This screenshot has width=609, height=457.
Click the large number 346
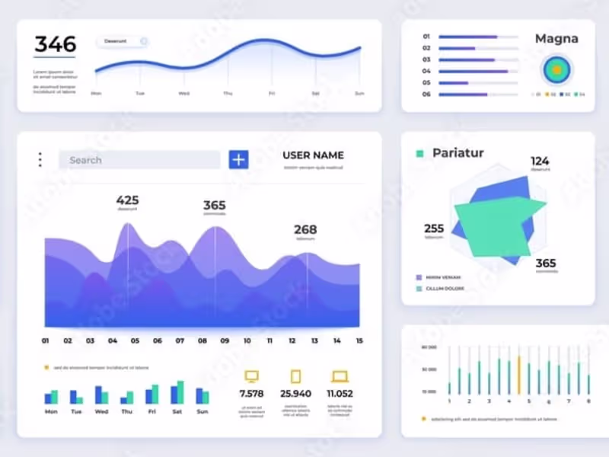coord(55,43)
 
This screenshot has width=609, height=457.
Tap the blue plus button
coord(239,159)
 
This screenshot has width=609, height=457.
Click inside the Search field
coord(139,160)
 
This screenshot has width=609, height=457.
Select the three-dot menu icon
coord(40,160)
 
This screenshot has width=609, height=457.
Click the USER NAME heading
coord(313,155)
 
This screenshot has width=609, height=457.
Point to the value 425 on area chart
coord(127,200)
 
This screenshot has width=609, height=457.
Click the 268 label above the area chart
coord(305,229)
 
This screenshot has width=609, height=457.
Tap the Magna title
coord(556,39)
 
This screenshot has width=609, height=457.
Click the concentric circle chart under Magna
coord(556,70)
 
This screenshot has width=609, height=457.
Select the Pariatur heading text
coord(458,153)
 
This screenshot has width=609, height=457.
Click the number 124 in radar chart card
coord(540,161)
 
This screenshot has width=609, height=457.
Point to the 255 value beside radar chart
coord(434,228)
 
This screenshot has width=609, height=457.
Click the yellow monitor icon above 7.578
coord(251,376)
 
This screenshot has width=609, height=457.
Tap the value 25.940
coord(295,394)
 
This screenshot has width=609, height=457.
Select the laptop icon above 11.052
coord(340,376)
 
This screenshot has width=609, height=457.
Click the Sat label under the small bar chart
coord(177,411)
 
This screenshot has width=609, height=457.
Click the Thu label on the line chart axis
coord(228,94)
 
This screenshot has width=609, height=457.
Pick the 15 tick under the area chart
coord(359,341)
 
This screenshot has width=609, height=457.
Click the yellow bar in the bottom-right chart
coord(519,374)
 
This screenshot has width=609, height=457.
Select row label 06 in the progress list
coord(426,94)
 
